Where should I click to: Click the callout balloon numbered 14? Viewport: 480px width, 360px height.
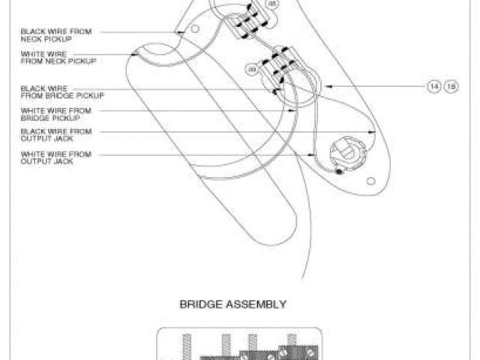pos(433,87)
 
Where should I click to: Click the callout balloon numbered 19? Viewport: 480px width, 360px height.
pos(451,87)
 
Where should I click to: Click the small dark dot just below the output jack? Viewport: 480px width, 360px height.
pos(339,172)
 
